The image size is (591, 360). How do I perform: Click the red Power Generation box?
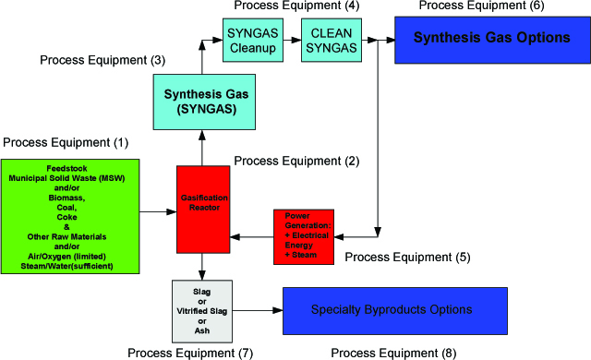(x=304, y=235)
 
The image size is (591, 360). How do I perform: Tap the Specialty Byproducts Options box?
(x=405, y=309)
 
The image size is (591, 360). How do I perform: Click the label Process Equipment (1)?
(x=66, y=143)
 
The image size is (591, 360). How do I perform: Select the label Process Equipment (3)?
(x=103, y=60)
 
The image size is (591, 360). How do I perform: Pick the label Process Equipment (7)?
(x=191, y=352)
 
